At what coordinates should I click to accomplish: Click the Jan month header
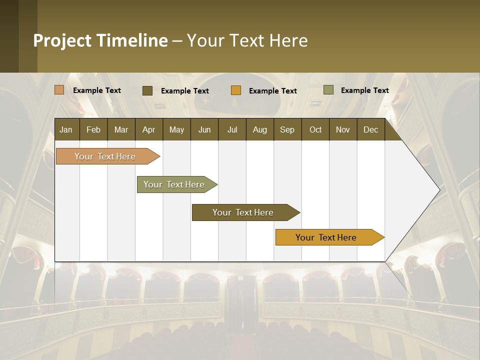pyautogui.click(x=66, y=129)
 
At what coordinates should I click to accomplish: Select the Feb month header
pyautogui.click(x=93, y=129)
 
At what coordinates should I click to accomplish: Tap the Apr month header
pyautogui.click(x=148, y=129)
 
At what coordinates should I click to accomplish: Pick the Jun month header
pyautogui.click(x=204, y=129)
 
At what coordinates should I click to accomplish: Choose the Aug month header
pyautogui.click(x=259, y=129)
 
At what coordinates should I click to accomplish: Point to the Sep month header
pyautogui.click(x=287, y=129)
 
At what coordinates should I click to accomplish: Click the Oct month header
pyautogui.click(x=315, y=129)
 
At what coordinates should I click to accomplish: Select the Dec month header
pyautogui.click(x=370, y=129)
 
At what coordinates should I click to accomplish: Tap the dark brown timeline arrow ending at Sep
pyautogui.click(x=243, y=212)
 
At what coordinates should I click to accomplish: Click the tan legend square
pyautogui.click(x=59, y=90)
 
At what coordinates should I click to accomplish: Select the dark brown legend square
pyautogui.click(x=147, y=90)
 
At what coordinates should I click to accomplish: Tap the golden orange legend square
pyautogui.click(x=236, y=90)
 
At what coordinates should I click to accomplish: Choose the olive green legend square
pyautogui.click(x=328, y=90)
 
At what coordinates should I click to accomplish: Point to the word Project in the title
pyautogui.click(x=62, y=40)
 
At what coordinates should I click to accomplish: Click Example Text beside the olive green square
pyautogui.click(x=364, y=90)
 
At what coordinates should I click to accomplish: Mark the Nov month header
pyautogui.click(x=342, y=129)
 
